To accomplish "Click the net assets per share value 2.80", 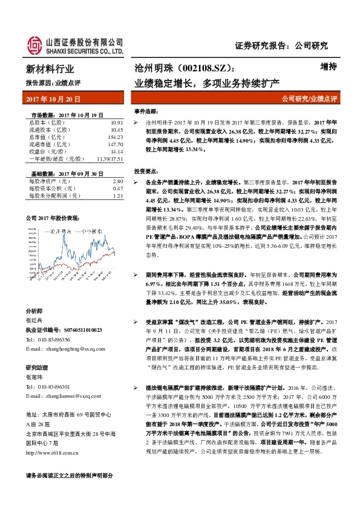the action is pos(118,181).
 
